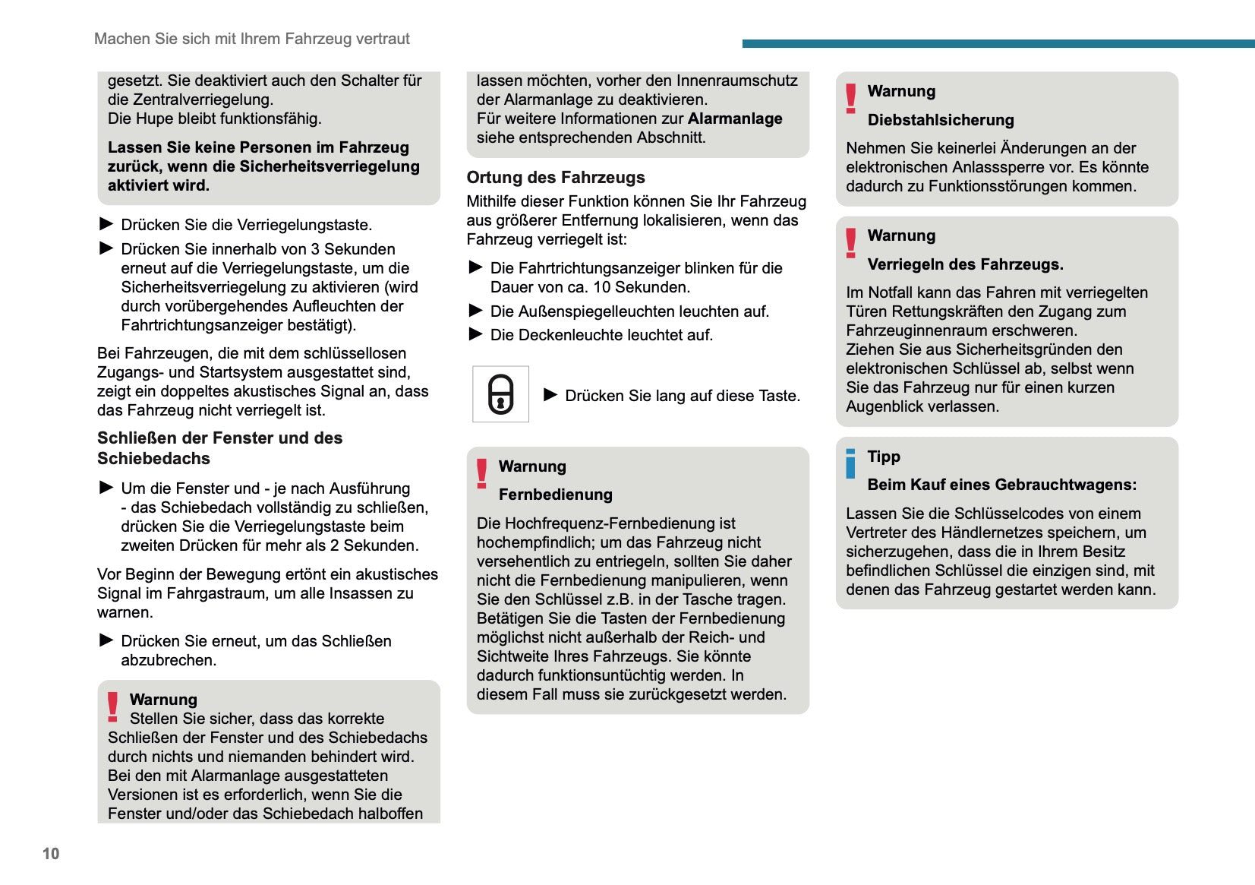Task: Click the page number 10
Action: coord(51,853)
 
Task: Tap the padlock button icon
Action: coord(500,394)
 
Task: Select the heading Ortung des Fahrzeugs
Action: coord(555,177)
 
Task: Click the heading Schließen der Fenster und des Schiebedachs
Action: coord(219,448)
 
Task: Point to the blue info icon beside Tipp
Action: coord(850,463)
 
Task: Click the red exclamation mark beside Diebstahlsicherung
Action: coord(850,99)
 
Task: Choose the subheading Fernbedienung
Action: coord(555,495)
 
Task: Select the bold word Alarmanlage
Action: coord(734,119)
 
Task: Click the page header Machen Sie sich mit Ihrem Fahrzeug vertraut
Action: coord(251,39)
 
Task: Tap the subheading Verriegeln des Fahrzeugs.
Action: coord(965,264)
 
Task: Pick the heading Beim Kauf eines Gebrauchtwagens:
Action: coord(1001,485)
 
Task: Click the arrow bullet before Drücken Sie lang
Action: coord(550,394)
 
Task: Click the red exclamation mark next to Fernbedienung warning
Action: coord(481,473)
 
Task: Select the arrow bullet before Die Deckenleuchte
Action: coord(476,334)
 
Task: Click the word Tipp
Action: coord(884,457)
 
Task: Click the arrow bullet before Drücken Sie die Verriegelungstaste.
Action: coord(106,224)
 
